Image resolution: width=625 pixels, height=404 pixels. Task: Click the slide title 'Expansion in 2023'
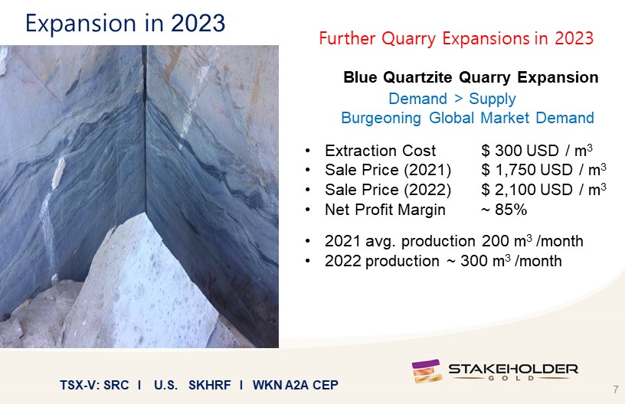pyautogui.click(x=125, y=23)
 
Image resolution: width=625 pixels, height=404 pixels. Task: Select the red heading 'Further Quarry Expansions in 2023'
pyautogui.click(x=456, y=38)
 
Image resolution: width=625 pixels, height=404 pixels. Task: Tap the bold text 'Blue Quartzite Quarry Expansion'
pyautogui.click(x=471, y=77)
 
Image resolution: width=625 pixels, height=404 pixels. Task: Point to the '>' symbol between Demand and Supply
pyautogui.click(x=458, y=98)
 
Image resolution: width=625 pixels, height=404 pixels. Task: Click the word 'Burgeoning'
pyautogui.click(x=381, y=118)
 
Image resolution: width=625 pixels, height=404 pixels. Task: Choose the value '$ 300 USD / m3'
pyautogui.click(x=536, y=151)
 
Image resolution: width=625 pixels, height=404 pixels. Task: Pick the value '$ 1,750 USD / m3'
pyautogui.click(x=544, y=170)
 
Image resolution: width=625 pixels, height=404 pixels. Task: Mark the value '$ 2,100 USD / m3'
pyautogui.click(x=544, y=190)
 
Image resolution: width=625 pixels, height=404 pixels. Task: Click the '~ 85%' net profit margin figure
pyautogui.click(x=504, y=210)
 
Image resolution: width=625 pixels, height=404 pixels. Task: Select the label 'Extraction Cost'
pyautogui.click(x=380, y=151)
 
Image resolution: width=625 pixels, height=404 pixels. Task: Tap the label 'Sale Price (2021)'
pyautogui.click(x=388, y=171)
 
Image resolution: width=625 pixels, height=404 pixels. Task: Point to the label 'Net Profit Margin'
pyautogui.click(x=385, y=210)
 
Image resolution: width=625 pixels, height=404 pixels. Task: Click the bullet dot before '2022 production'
pyautogui.click(x=307, y=261)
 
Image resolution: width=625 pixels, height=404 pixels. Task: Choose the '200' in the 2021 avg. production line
pyautogui.click(x=495, y=241)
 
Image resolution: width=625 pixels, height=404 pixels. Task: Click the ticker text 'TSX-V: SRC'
pyautogui.click(x=94, y=386)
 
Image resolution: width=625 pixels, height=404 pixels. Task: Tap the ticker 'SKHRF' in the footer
pyautogui.click(x=210, y=386)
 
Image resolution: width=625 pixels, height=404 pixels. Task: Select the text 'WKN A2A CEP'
pyautogui.click(x=296, y=386)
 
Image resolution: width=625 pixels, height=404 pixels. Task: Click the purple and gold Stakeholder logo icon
pyautogui.click(x=427, y=371)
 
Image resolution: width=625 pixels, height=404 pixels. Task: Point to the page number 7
pyautogui.click(x=616, y=389)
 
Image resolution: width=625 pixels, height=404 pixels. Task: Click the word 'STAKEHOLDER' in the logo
pyautogui.click(x=513, y=369)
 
